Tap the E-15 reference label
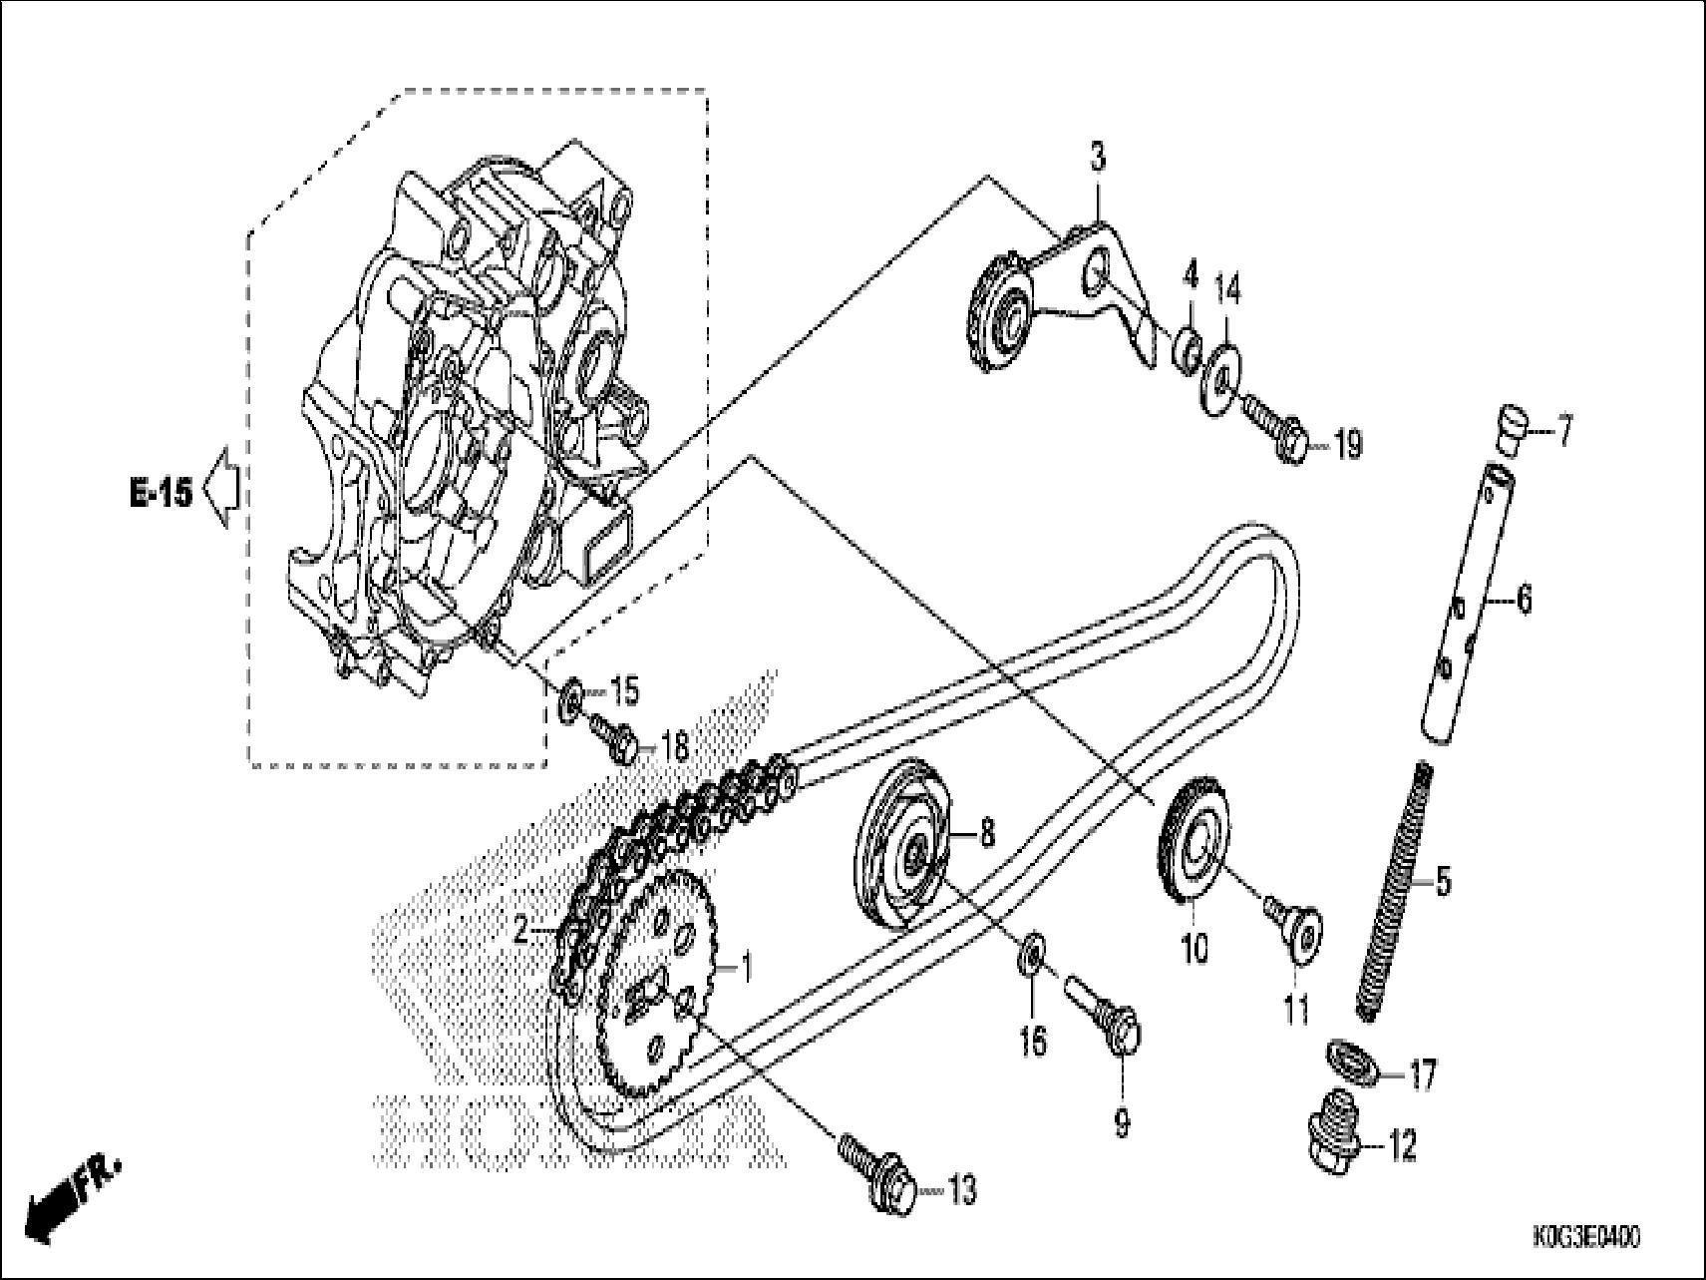[x=161, y=492]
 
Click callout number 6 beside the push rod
[x=1524, y=599]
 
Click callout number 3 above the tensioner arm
[x=1097, y=158]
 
